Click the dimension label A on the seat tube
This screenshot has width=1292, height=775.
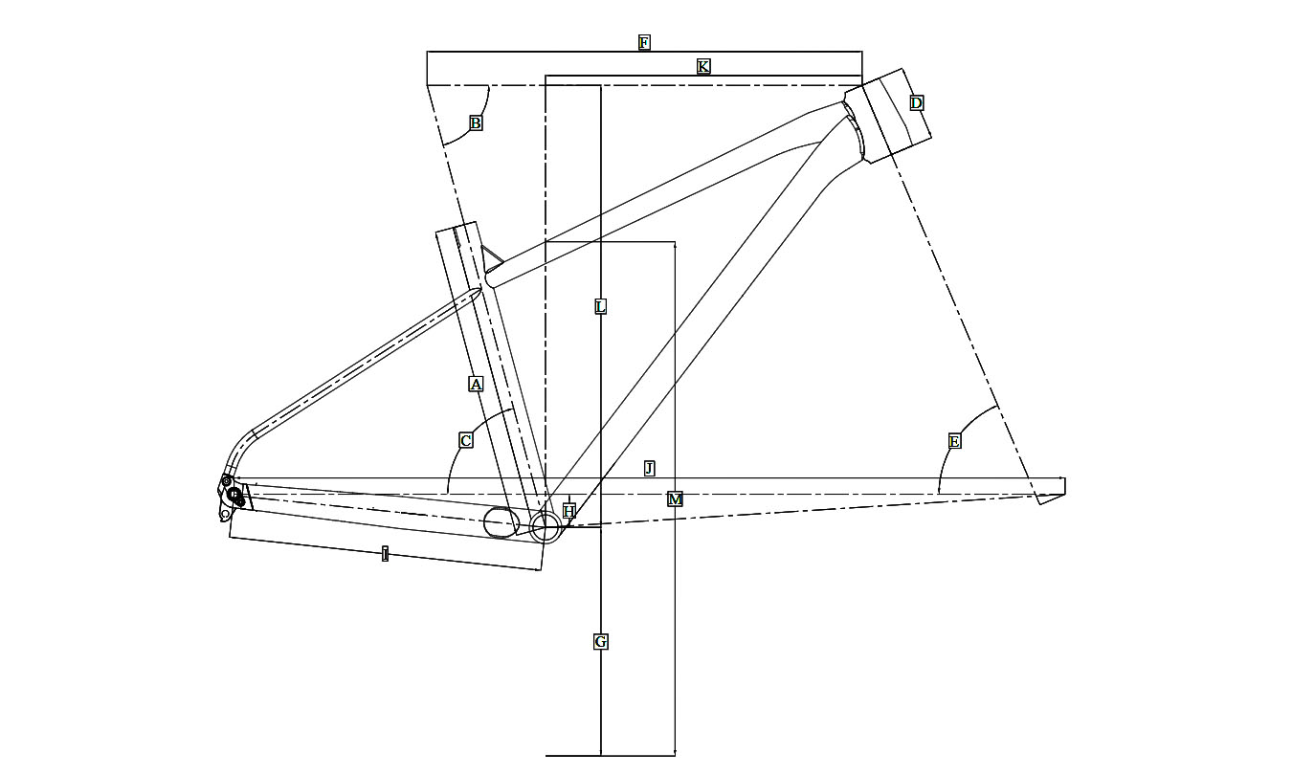476,384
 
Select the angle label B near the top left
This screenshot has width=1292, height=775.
476,122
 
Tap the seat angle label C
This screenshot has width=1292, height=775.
466,440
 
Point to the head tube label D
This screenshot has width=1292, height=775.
916,103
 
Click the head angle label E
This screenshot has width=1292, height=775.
954,441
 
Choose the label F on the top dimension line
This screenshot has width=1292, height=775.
644,42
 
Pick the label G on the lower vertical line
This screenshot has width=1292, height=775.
600,641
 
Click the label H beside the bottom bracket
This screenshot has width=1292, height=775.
568,511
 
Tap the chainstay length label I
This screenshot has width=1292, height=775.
385,554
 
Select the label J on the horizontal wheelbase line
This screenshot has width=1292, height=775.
649,468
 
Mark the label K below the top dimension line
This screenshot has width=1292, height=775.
703,66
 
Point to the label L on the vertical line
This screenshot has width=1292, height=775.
600,306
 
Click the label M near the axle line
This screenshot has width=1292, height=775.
675,498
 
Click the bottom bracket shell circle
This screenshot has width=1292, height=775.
546,526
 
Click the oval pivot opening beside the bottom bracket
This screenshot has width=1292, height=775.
501,522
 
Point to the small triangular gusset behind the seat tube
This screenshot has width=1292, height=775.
490,256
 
